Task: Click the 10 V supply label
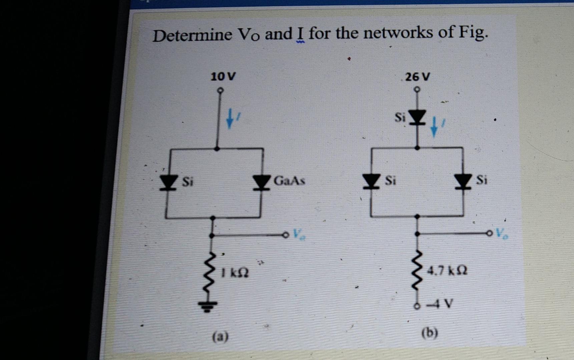click(223, 77)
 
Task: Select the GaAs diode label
click(289, 181)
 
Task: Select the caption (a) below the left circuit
click(220, 337)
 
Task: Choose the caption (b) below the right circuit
click(430, 333)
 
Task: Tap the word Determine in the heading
click(192, 35)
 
